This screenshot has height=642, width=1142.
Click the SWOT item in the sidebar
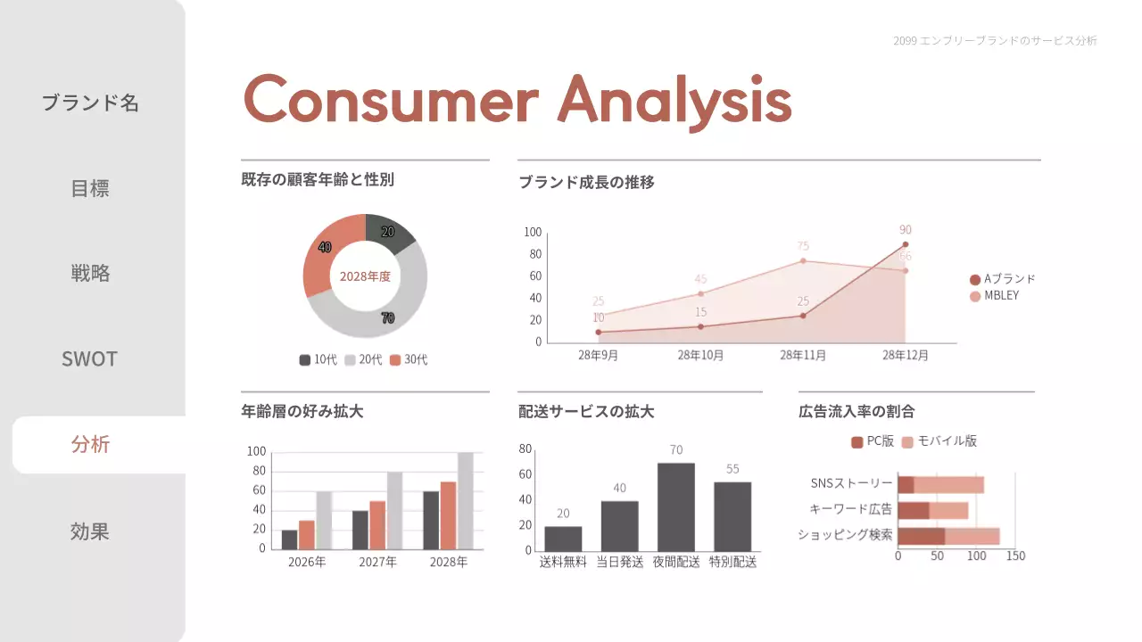coord(89,358)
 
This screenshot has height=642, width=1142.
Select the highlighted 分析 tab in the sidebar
coord(90,444)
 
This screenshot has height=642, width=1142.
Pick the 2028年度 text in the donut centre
coord(365,276)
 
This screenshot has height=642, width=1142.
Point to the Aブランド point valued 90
coord(906,244)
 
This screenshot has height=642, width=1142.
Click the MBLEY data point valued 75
coord(803,260)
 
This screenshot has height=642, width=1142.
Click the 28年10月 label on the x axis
coord(700,355)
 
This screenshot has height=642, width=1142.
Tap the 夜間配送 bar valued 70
coord(675,506)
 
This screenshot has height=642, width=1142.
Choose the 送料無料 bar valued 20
coord(563,538)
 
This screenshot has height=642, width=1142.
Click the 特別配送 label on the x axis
coord(732,563)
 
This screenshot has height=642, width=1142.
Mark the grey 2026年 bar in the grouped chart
coord(324,520)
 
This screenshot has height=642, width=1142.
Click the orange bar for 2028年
coord(448,514)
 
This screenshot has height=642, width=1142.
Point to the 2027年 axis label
coord(377,563)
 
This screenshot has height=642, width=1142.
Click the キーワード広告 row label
coord(850,509)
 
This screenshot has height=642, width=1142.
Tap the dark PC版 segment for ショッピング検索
coord(921,536)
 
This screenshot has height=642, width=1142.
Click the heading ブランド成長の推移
coord(587,183)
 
